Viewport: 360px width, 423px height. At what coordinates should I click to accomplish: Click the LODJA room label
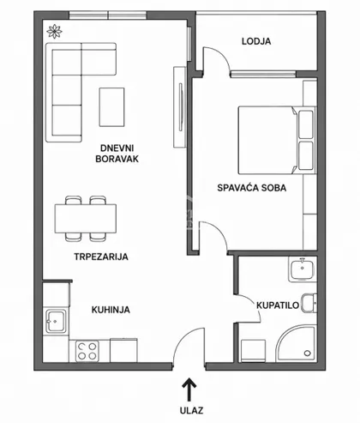point(256,41)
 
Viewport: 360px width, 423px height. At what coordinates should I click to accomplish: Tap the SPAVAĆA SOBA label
point(252,188)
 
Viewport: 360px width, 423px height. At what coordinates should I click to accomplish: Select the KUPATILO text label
point(278,305)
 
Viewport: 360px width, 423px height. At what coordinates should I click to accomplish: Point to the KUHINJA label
point(111,310)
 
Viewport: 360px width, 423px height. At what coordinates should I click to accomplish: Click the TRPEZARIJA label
point(101,257)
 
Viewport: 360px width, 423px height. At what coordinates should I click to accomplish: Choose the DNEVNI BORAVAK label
point(117,154)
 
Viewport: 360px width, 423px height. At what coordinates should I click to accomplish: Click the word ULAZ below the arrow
point(191,410)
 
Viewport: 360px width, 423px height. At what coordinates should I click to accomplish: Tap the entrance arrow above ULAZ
point(189,390)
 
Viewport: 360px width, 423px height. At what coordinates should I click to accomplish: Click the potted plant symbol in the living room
point(54,31)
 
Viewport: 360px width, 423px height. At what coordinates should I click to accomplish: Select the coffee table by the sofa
point(111,107)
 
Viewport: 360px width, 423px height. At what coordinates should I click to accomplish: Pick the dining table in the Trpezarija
point(86,219)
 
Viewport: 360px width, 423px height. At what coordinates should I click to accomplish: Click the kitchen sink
point(56,321)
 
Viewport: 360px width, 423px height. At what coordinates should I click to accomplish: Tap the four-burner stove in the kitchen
point(87,351)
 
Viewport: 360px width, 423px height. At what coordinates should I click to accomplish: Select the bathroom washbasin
point(302,269)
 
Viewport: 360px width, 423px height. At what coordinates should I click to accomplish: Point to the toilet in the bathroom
point(309,303)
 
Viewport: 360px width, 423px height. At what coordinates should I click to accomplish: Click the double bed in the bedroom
point(277,140)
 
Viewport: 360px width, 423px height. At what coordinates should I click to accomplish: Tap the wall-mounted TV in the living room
point(180,107)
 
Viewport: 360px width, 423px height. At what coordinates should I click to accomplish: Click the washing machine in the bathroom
point(254,351)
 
